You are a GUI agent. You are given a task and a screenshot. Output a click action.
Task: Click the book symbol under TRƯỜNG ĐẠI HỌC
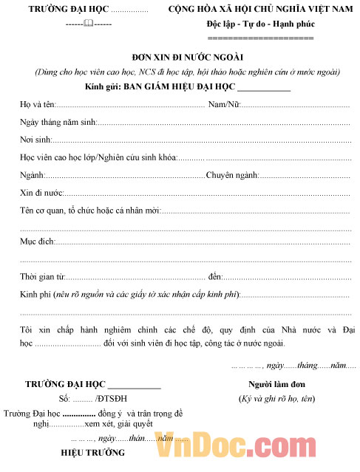point(89,24)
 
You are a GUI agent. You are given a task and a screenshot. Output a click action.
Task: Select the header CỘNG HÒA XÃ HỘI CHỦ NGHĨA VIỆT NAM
point(260,10)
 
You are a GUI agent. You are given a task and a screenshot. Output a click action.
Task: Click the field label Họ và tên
point(35,105)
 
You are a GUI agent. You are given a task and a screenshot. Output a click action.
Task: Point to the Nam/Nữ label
point(224,105)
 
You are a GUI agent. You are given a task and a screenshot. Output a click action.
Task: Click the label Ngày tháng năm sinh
point(56,122)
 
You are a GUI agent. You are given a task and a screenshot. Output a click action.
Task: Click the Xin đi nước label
point(40,192)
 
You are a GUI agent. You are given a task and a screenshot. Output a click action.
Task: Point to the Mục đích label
point(36,242)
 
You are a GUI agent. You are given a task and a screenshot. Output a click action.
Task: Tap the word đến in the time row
point(215,277)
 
